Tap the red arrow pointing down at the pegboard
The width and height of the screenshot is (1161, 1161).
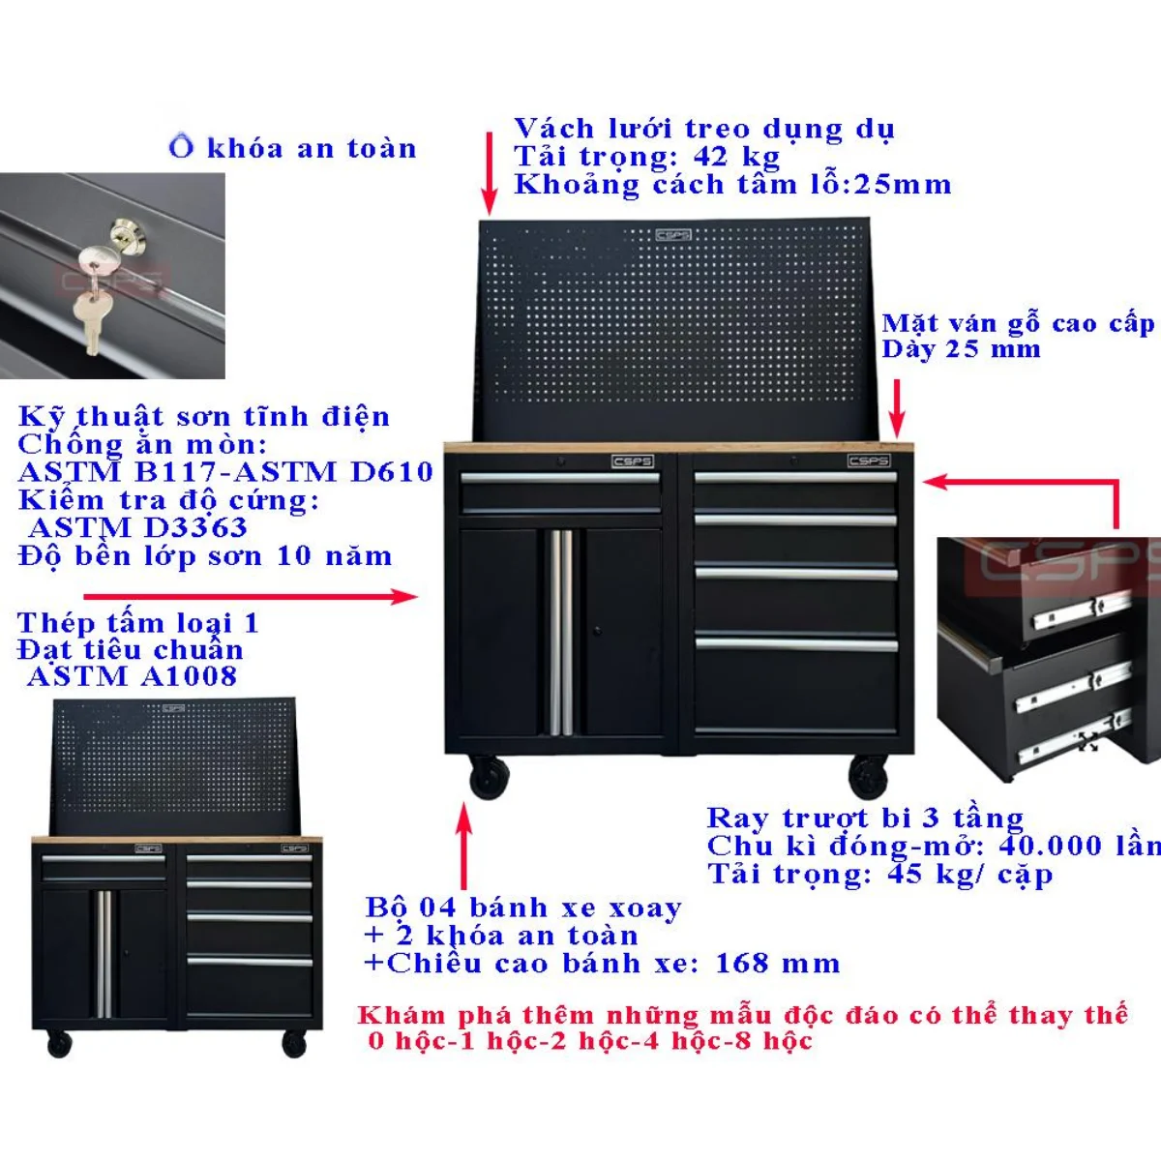490,173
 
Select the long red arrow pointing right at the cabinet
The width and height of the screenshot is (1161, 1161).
251,597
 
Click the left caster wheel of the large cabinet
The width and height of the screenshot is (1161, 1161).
489,777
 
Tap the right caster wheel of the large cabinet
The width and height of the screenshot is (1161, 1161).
868,777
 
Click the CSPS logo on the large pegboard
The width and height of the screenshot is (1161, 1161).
673,234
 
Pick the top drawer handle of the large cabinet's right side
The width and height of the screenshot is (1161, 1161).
795,478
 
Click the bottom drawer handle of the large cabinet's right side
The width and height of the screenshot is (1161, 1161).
796,644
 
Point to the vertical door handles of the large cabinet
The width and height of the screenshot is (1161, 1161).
561,632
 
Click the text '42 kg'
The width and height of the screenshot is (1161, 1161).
736,157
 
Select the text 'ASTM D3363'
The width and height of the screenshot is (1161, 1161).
138,528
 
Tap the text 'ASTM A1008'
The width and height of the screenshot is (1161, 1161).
132,676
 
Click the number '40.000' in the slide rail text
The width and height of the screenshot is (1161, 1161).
1050,846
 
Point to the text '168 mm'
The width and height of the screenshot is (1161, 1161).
777,963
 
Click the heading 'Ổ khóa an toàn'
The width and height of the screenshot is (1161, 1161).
292,148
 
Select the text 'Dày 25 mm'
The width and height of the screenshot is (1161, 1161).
961,349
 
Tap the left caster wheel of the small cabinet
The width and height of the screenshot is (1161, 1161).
59,1043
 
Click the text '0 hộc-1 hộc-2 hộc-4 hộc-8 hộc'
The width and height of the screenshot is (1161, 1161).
590,1040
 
